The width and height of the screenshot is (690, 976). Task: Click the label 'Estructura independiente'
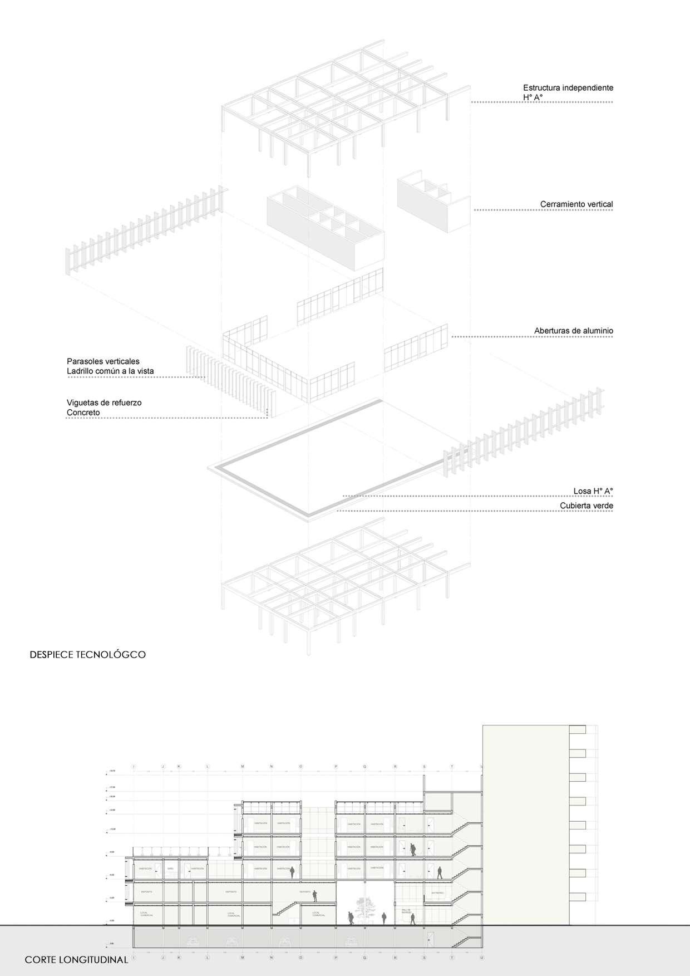[x=568, y=88]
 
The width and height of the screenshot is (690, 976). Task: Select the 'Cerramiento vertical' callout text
[x=576, y=204]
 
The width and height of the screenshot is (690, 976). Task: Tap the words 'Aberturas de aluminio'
[x=573, y=331]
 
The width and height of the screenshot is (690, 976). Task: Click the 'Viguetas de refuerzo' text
[x=104, y=403]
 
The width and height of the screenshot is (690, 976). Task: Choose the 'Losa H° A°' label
[x=593, y=491]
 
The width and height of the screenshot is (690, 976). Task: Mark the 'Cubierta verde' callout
[x=586, y=506]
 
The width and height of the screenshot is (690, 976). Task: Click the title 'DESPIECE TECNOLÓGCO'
[x=87, y=655]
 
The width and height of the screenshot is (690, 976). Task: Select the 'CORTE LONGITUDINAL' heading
[x=76, y=960]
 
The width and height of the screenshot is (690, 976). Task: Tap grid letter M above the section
[x=243, y=767]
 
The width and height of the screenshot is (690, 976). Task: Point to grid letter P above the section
[x=336, y=767]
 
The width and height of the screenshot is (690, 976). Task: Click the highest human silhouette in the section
[x=412, y=850]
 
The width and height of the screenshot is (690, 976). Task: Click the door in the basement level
[x=430, y=940]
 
